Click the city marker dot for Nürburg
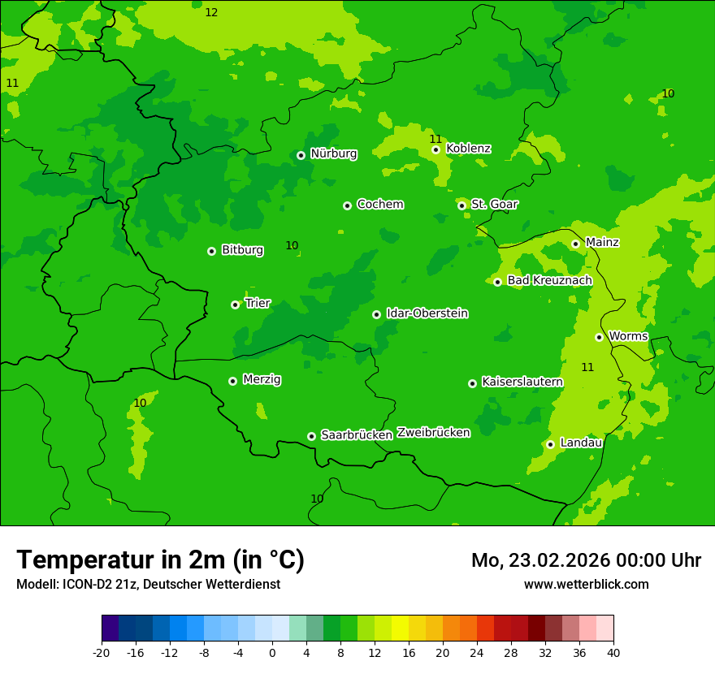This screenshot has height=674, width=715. [x=301, y=155]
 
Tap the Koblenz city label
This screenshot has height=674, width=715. [x=468, y=149]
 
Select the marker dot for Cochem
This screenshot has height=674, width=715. [x=347, y=205]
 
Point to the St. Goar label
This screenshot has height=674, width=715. [x=494, y=204]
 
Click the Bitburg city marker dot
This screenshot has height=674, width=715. [x=211, y=251]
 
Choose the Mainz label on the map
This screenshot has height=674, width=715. [x=602, y=242]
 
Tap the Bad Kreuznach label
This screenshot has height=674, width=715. [x=549, y=280]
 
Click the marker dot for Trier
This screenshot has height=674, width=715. [x=235, y=305]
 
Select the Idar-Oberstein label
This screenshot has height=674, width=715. [x=427, y=313]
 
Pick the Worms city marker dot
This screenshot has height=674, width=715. [x=599, y=337]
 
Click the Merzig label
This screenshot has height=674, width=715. [x=262, y=379]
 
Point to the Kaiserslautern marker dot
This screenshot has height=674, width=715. [x=472, y=383]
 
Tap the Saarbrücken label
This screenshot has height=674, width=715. [x=357, y=435]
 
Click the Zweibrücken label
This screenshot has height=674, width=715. [x=433, y=433]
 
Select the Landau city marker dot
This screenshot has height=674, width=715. [x=550, y=444]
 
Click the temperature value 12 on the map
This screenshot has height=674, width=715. [x=211, y=12]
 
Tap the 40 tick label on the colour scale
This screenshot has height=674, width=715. [x=613, y=653]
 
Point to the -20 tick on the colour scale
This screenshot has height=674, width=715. [x=102, y=653]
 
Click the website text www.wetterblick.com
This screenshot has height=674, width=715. [x=586, y=585]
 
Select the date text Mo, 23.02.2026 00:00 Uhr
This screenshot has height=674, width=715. [x=586, y=560]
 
